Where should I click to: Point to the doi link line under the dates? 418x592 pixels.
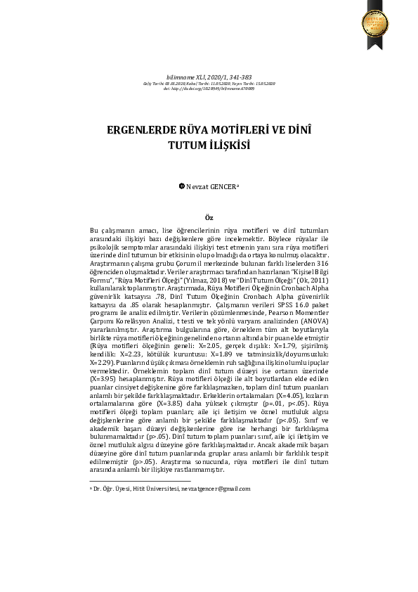point(209,89)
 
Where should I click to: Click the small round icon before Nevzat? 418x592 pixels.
point(181,187)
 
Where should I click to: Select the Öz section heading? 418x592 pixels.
point(209,218)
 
